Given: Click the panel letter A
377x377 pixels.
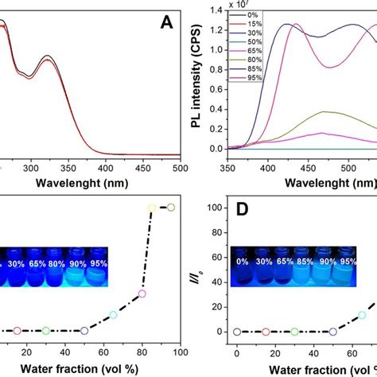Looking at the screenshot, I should pyautogui.click(x=166, y=24).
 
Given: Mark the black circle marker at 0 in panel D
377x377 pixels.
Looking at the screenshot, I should pyautogui.click(x=236, y=331).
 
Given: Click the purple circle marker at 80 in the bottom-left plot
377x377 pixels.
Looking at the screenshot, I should pyautogui.click(x=142, y=293).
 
